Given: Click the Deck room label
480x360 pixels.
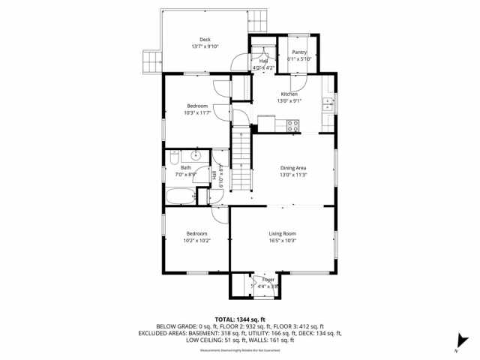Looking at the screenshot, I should pos(205,39).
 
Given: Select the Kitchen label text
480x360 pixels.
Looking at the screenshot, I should pos(289,94).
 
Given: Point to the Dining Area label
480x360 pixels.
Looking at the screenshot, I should pos(293,167).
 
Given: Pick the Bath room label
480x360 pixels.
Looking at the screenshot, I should pos(186,167).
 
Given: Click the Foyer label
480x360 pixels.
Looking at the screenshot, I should pos(268,279).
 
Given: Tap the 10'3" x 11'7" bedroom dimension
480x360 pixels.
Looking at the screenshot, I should pos(196,113).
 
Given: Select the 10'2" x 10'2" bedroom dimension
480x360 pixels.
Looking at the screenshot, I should pos(196,241).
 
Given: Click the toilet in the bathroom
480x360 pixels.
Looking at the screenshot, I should pos(172,157).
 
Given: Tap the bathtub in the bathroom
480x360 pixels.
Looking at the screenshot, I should pos(179,198).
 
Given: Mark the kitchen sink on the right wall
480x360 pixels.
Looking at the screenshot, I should pos(328,105).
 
